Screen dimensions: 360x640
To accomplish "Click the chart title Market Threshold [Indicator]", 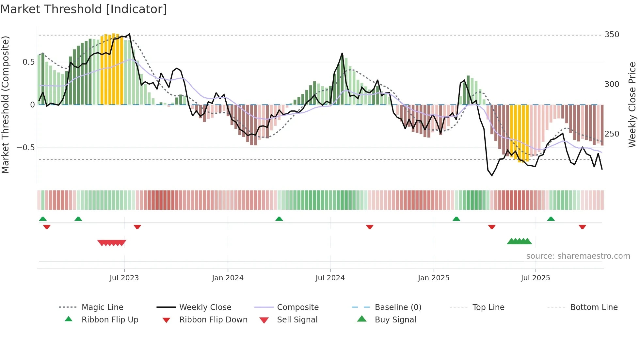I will [84, 9].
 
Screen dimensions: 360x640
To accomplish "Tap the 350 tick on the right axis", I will [612, 35].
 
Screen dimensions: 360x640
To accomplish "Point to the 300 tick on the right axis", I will [612, 84].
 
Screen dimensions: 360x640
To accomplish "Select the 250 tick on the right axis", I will [612, 134].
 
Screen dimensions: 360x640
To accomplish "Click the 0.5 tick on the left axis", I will [28, 62].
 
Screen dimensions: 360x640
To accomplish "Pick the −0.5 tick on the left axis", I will [26, 148].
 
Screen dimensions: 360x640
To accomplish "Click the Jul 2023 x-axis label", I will [124, 278].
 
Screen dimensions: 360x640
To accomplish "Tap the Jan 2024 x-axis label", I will [228, 278].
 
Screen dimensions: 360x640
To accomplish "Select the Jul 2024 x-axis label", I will [330, 278].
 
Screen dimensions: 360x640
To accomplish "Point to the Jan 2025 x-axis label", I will [434, 278].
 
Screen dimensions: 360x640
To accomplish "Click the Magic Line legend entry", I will [102, 307].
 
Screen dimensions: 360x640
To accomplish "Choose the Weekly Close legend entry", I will [205, 307].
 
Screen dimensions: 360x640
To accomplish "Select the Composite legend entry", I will [297, 307].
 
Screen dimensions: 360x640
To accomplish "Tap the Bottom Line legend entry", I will [594, 307].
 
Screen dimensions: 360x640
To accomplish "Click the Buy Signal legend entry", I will [395, 320].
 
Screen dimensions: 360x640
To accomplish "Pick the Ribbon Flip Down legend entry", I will [213, 320].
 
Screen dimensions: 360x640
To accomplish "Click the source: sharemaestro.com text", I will [578, 256].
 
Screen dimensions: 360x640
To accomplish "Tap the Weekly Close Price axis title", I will [632, 105].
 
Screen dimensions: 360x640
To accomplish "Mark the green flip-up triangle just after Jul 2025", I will [551, 219].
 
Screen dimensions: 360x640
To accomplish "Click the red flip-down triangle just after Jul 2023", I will [137, 227].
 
